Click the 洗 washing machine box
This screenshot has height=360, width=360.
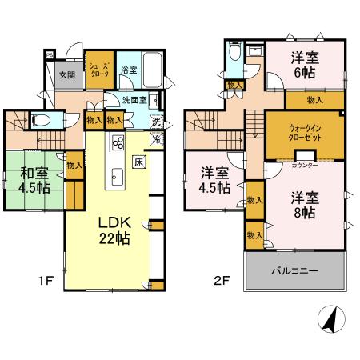[157, 122]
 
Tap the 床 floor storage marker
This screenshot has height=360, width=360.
[138, 162]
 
